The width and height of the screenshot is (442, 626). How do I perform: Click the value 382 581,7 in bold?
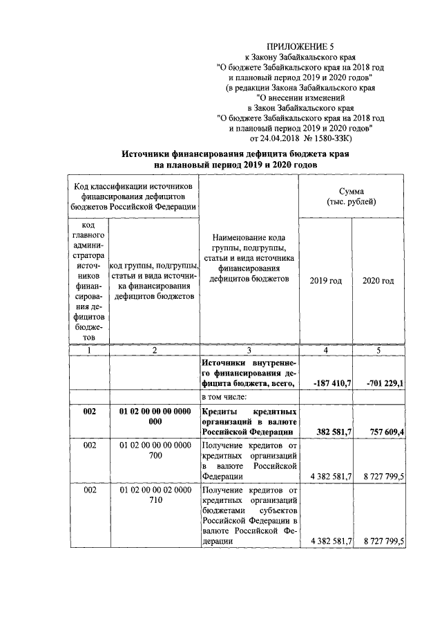coord(335,432)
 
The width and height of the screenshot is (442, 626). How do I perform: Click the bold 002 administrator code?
coord(89,412)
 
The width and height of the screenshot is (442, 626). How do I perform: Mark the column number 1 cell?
coord(89,351)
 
